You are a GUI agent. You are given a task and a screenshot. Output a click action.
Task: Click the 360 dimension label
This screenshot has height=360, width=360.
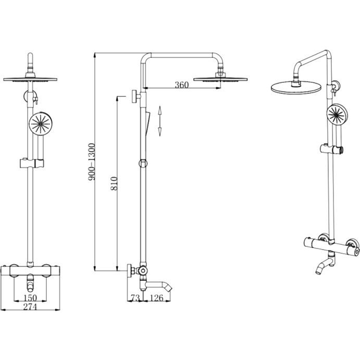tap(182, 85)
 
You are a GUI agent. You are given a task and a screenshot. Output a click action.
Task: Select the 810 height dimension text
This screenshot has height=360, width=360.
tap(114, 183)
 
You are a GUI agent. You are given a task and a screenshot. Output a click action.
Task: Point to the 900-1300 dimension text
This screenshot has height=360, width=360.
tap(91, 162)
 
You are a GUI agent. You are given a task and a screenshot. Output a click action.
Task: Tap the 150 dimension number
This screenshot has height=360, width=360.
tap(30, 298)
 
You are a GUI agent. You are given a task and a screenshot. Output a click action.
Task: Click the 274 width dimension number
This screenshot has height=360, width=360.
tap(30, 307)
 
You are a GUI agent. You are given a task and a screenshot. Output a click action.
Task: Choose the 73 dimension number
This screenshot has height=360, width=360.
tap(135, 298)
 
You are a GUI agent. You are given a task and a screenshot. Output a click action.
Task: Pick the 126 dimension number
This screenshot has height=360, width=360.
tap(157, 298)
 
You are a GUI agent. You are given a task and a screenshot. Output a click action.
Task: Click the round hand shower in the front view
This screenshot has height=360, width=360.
tap(41, 124)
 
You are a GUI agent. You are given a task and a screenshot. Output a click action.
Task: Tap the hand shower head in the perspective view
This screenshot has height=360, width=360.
tap(337, 115)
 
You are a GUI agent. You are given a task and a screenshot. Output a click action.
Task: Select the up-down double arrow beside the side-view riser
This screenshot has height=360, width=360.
tap(160, 121)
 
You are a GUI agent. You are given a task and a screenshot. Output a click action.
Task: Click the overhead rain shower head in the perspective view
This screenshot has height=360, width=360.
tap(296, 88)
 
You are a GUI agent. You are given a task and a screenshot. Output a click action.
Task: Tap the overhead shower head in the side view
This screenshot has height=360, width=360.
tap(220, 79)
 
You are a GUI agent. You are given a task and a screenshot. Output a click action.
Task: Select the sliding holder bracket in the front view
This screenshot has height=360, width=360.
tap(32, 163)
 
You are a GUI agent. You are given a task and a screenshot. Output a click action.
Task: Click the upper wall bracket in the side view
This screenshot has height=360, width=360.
tap(136, 96)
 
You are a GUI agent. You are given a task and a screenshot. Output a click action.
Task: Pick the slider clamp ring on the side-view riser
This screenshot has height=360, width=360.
tap(143, 163)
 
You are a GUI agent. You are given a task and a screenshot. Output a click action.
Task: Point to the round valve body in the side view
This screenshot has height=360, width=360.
tap(142, 270)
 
